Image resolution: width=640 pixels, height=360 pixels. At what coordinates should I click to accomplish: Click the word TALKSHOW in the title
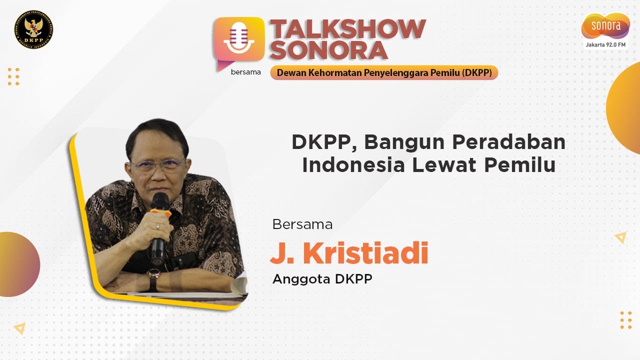click(x=347, y=29)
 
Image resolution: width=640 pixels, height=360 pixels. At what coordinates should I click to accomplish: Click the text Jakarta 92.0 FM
click(x=605, y=45)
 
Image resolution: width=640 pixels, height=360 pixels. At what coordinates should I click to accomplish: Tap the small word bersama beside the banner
click(x=245, y=72)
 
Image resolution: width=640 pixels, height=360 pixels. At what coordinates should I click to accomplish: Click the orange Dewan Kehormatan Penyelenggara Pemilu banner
click(x=384, y=72)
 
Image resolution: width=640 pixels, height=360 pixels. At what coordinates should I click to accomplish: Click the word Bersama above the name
click(x=302, y=224)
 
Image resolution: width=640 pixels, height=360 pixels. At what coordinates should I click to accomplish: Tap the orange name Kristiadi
click(x=365, y=253)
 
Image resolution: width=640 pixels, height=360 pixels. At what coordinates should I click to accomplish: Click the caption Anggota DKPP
click(x=322, y=279)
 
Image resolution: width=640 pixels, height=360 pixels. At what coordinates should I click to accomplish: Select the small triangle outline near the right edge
click(x=620, y=237)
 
